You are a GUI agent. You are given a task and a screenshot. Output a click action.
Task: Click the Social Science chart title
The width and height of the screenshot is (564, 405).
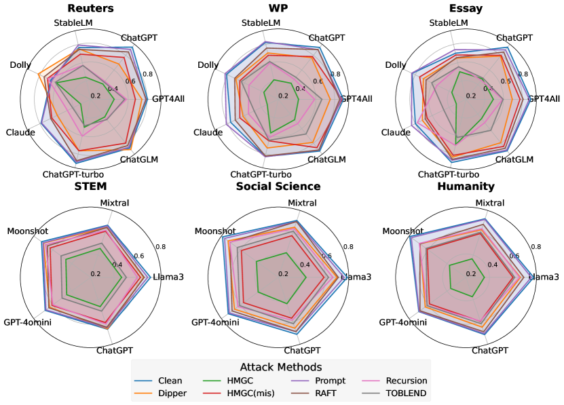pos(278,186)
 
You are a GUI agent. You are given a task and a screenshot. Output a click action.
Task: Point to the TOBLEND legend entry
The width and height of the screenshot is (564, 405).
pos(405,393)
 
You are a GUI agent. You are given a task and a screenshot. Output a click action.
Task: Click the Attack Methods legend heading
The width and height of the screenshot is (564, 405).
pos(280,367)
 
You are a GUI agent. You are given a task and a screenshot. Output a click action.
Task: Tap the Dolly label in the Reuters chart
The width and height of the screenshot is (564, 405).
pos(20,65)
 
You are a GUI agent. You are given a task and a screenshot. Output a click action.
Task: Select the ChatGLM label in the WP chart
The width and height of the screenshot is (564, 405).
pos(326,159)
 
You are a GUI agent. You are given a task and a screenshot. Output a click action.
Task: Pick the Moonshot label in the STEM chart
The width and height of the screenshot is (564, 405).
pos(28,231)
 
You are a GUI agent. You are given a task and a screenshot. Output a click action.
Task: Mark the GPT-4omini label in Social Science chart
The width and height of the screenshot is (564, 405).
pos(215,322)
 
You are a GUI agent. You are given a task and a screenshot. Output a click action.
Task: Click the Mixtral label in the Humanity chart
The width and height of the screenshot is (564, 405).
pos(489,203)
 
